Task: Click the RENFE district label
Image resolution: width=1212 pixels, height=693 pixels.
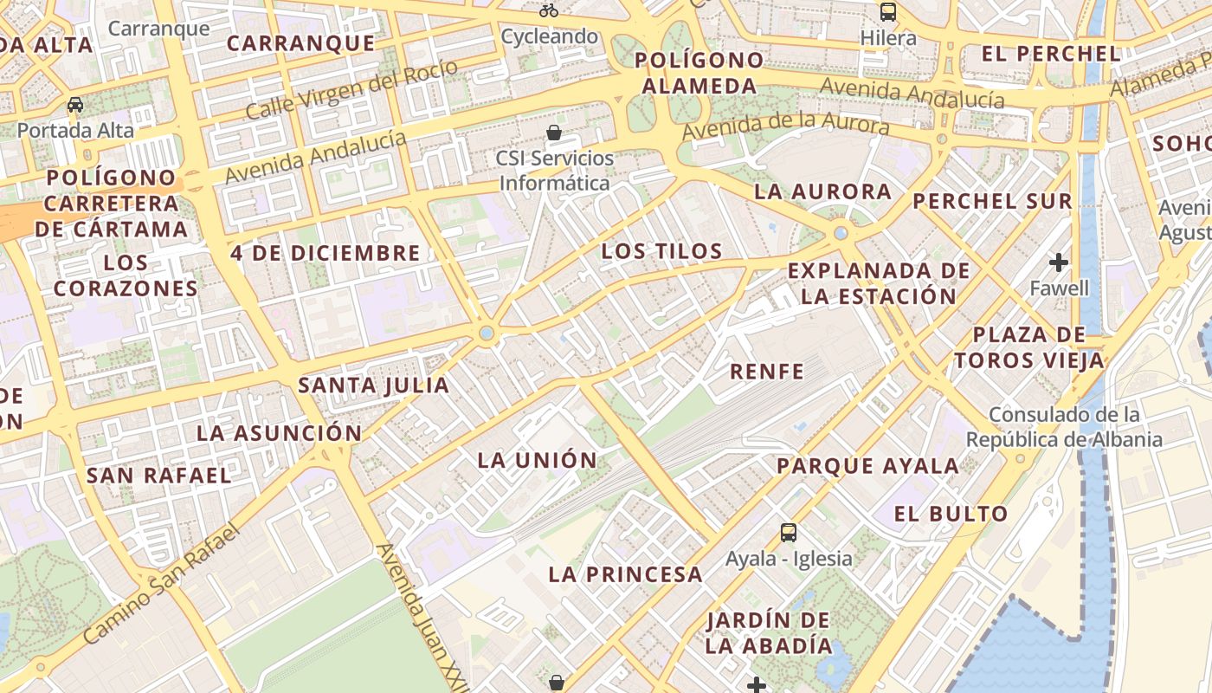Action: pos(767,372)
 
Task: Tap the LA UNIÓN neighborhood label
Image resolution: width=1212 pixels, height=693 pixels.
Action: pos(538,460)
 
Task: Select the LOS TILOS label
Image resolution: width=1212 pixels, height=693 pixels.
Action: pos(661,251)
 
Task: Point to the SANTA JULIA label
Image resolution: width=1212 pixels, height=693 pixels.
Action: pos(373,385)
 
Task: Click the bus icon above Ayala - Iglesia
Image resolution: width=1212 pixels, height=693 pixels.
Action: pos(788,532)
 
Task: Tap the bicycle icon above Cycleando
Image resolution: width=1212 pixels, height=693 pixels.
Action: pos(548,11)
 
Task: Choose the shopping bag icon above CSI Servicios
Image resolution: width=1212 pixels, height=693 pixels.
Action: pos(554,133)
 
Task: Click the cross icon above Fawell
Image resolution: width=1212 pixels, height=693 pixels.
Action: pos(1058,262)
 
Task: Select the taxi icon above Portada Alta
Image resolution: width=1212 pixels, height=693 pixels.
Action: pos(75,105)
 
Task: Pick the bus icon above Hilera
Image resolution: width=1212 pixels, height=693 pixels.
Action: pos(888,12)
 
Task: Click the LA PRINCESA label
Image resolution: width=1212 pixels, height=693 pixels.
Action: pos(625,573)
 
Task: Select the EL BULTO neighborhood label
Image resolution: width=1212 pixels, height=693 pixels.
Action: pos(951,514)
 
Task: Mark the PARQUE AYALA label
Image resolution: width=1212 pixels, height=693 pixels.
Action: pos(867,465)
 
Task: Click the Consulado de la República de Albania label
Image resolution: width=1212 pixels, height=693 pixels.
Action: pos(1064,427)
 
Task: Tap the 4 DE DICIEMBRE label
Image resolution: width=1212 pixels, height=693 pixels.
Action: pos(325,253)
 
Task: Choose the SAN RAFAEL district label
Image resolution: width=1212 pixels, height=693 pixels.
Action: pos(159,475)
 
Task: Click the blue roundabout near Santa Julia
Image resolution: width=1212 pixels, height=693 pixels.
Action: pos(487,333)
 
